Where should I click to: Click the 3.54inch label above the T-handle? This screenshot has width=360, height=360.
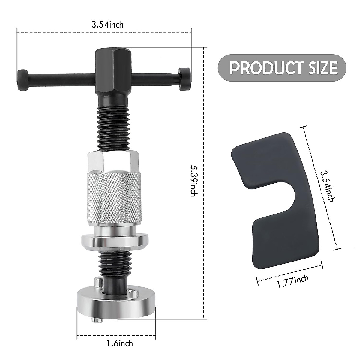(107, 24)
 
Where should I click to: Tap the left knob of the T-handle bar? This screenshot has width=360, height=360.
(23, 80)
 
